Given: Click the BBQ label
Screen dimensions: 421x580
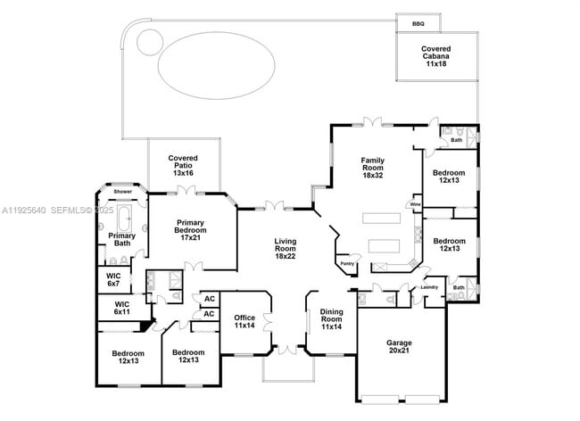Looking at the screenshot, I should [x=418, y=24].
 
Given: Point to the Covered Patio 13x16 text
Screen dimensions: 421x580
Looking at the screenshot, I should [x=182, y=165].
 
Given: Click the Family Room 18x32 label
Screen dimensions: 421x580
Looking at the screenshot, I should [x=372, y=168].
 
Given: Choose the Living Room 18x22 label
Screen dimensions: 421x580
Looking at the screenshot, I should [x=285, y=249].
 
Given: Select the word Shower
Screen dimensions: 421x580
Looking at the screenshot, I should [x=122, y=192].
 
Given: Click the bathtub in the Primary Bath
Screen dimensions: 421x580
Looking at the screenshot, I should [x=124, y=218].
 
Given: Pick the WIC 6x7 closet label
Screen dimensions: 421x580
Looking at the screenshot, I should [x=113, y=280].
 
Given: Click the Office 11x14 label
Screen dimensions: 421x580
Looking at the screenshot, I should [x=244, y=322].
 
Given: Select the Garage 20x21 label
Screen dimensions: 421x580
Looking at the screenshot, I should [x=399, y=348].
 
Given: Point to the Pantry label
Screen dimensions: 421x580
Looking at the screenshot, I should [x=347, y=263].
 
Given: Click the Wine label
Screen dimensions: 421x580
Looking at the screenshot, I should [x=415, y=204].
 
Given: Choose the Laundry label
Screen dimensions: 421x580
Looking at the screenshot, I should [x=429, y=287].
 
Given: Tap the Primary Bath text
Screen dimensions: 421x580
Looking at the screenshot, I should [x=122, y=239].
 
